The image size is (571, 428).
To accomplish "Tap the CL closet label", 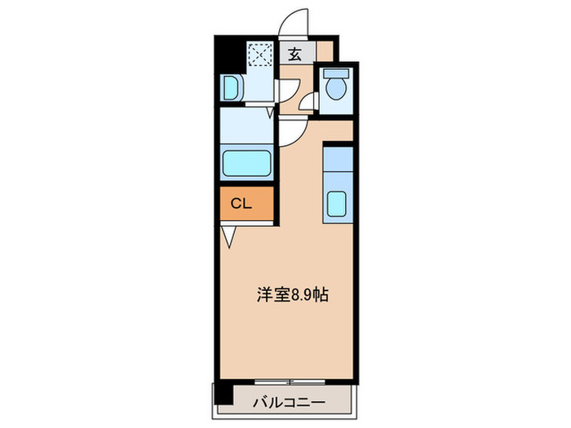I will [x=240, y=204].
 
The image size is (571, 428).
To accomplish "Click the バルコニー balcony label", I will [x=289, y=402].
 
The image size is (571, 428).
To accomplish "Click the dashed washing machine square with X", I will [x=260, y=54].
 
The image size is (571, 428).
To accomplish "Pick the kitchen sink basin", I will [x=337, y=203].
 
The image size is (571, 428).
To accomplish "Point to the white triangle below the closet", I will [x=228, y=236].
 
